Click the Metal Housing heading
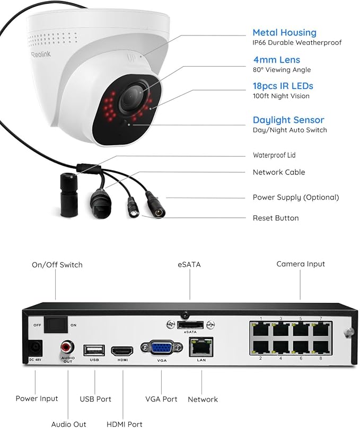pyautogui.click(x=284, y=33)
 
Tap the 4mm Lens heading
pyautogui.click(x=276, y=60)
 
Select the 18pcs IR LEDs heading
pyautogui.click(x=283, y=86)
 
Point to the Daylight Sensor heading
pyautogui.click(x=288, y=120)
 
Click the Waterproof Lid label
pyautogui.click(x=274, y=155)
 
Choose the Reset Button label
pyautogui.click(x=275, y=218)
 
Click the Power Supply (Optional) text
pyautogui.click(x=295, y=197)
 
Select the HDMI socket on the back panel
pyautogui.click(x=122, y=350)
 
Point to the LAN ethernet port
pyautogui.click(x=201, y=346)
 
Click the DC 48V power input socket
pyautogui.click(x=34, y=348)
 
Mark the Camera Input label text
pyautogui.click(x=301, y=264)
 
